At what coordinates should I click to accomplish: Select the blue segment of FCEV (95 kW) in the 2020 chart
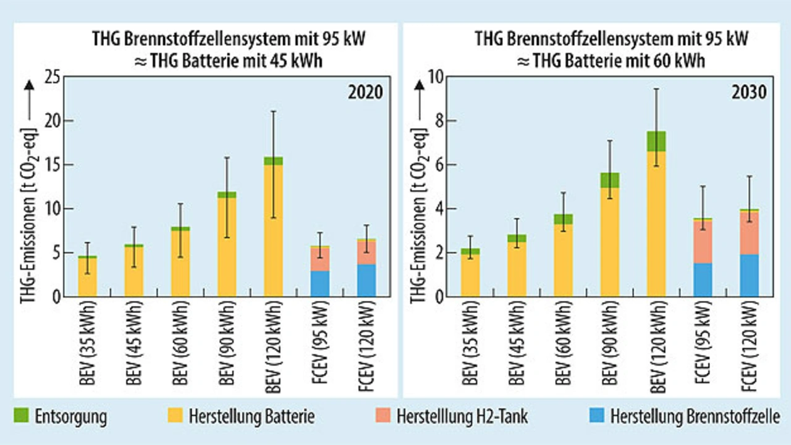(x=320, y=283)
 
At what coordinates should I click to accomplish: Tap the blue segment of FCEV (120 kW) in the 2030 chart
(x=749, y=275)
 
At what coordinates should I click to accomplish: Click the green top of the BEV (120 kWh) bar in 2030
(x=656, y=141)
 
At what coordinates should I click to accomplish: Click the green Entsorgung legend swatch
(x=23, y=416)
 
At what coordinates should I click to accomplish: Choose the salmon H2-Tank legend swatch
(x=384, y=416)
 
